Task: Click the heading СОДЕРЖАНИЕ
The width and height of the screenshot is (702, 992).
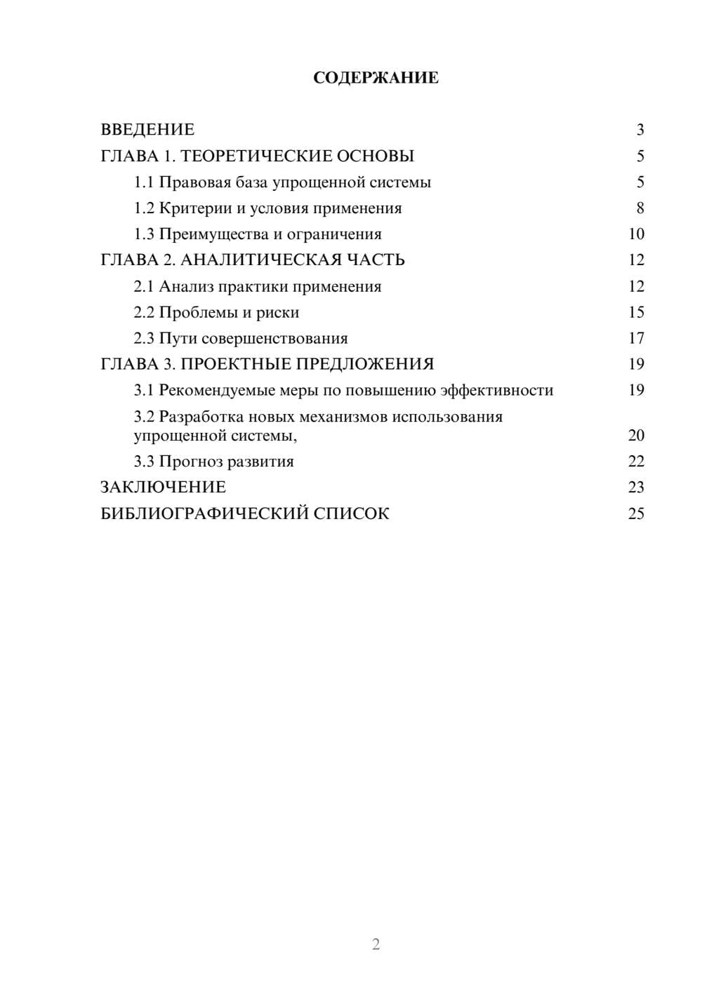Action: [x=376, y=78]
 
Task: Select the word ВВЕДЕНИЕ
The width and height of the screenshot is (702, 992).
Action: [x=147, y=130]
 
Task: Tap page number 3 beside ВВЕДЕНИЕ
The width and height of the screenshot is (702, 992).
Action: [x=640, y=130]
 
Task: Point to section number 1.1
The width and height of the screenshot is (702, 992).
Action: [x=144, y=182]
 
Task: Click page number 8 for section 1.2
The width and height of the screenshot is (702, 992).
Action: [x=640, y=208]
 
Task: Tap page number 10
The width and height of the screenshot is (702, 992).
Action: [x=636, y=234]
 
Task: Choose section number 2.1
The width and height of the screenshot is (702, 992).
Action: [x=144, y=286]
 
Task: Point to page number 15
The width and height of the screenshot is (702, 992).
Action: [x=636, y=312]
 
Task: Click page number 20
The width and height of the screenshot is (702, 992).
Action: [x=636, y=436]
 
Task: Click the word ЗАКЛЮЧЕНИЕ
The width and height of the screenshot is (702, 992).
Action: [x=163, y=487]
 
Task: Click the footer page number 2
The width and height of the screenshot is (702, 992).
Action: [x=376, y=944]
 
